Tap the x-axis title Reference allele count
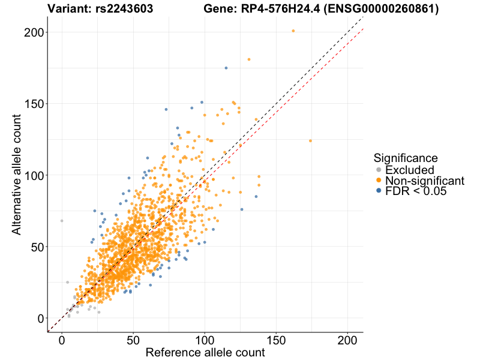[x=205, y=353]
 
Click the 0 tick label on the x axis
[x=61, y=340]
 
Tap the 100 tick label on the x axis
[x=205, y=340]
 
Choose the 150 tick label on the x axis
[x=277, y=340]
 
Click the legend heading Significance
[x=405, y=158]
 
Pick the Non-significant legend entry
[x=424, y=181]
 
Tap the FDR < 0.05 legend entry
[x=416, y=191]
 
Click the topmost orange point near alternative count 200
[x=293, y=31]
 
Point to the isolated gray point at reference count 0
[x=61, y=221]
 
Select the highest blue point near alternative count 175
[x=226, y=68]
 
